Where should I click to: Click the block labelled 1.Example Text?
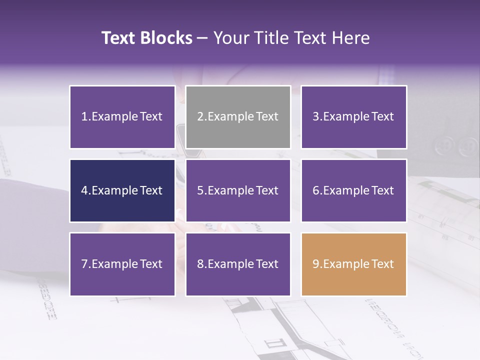[x=122, y=117]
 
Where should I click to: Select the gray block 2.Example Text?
[x=238, y=117]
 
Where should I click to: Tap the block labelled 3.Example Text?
[x=353, y=117]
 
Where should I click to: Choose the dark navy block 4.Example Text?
[x=122, y=190]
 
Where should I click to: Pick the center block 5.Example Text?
[x=238, y=190]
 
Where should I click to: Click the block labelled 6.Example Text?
[x=353, y=190]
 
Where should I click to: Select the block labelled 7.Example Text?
[x=122, y=264]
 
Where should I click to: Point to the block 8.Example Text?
[x=238, y=264]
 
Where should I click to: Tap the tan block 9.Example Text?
[x=353, y=264]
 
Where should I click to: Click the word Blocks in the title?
[x=167, y=38]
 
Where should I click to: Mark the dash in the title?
[x=202, y=38]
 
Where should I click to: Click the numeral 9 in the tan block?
[x=315, y=264]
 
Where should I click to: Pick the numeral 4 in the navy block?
[x=84, y=190]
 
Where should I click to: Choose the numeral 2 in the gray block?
[x=200, y=117]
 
